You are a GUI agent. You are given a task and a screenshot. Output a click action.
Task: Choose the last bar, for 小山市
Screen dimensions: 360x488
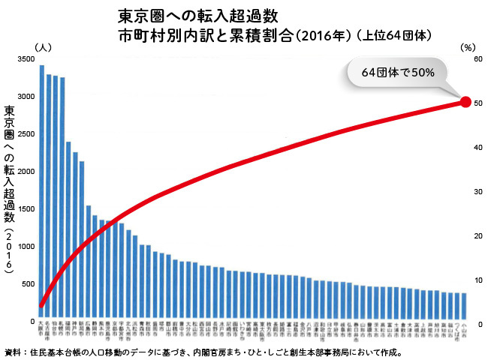coord(464,307)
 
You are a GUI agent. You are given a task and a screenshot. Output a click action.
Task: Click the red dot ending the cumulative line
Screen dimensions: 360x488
coord(465,102)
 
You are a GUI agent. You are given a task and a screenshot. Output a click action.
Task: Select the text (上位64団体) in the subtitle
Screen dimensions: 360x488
coord(395,34)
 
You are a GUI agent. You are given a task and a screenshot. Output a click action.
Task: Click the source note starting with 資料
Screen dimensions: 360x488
coord(203,352)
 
